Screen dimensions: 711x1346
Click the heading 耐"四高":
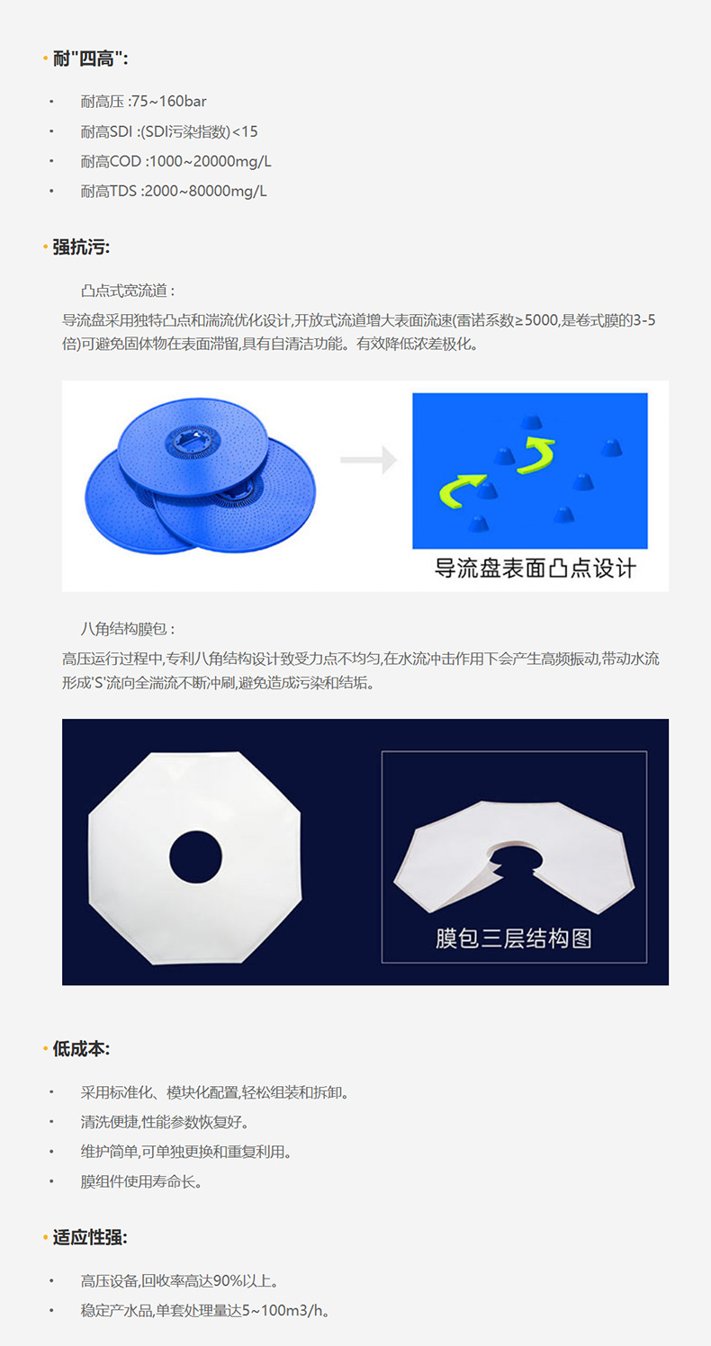click(x=90, y=58)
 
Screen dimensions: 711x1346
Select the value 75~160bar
click(x=169, y=101)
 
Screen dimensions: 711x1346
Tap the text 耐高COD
click(x=111, y=161)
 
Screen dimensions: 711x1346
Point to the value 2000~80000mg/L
click(x=205, y=191)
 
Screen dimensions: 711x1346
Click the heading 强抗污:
click(x=81, y=247)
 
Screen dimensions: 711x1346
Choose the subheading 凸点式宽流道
click(x=124, y=291)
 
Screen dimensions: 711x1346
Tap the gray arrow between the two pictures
click(x=368, y=460)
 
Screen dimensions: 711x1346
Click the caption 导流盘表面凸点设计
click(x=535, y=568)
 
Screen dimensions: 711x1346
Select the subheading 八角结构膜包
click(x=124, y=629)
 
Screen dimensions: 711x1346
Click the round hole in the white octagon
click(x=195, y=857)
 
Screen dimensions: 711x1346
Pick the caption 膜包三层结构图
click(x=514, y=938)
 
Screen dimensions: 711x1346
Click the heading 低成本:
click(x=81, y=1049)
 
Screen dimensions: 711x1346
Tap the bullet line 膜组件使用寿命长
click(x=141, y=1181)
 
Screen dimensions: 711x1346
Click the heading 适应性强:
click(x=90, y=1238)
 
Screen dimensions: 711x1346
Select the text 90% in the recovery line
click(x=228, y=1280)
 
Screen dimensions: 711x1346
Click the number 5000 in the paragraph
click(x=542, y=320)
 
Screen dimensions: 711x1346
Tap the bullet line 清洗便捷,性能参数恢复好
click(x=165, y=1122)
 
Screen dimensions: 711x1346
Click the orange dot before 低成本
click(x=46, y=1050)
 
